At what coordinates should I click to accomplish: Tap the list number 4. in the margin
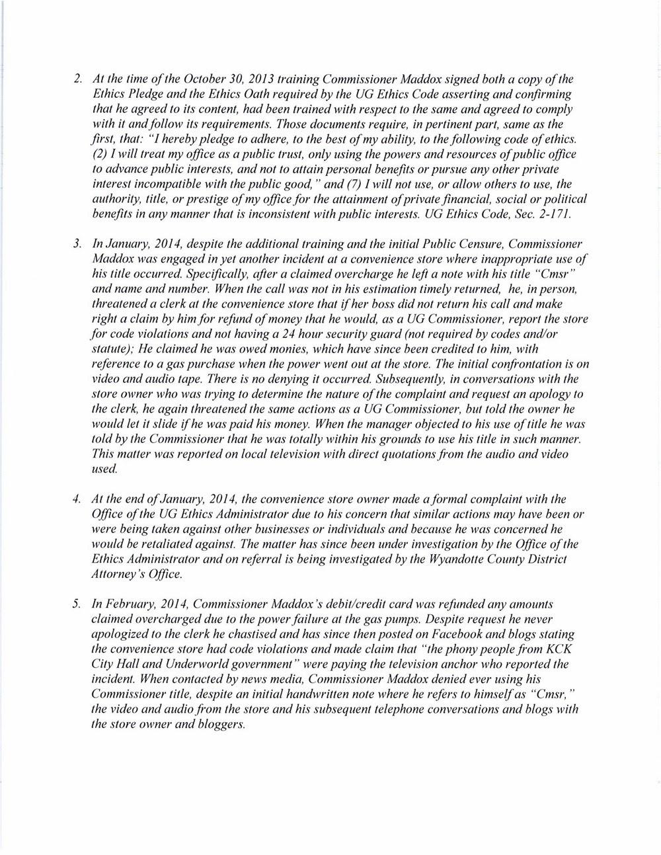tap(77, 499)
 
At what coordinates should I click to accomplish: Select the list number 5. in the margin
tap(77, 604)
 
